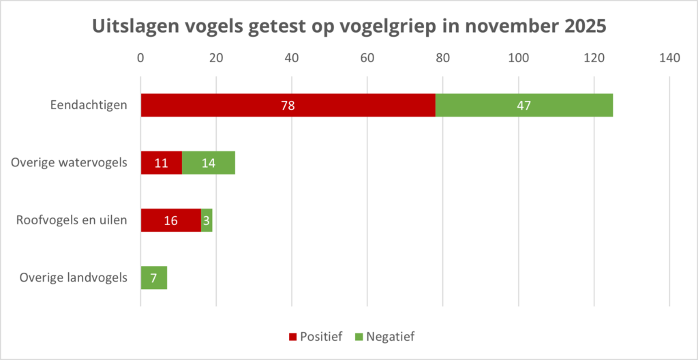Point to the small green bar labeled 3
pos(207,220)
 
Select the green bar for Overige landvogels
pos(153,277)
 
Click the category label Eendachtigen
pos(89,106)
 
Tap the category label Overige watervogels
pos(70,163)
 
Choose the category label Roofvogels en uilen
pos(72,220)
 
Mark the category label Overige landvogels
pos(73,277)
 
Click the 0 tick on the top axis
pos(140,59)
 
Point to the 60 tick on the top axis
pos(367,59)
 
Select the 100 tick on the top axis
pos(518,59)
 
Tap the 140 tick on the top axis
pos(669,59)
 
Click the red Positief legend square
pos(293,337)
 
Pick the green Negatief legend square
pos(359,337)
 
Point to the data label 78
pos(288,106)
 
